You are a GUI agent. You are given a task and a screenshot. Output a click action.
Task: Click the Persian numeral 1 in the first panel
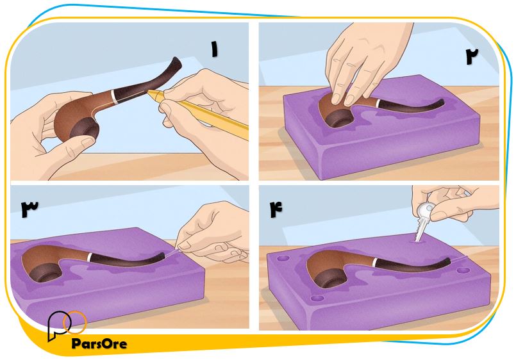[x=215, y=49]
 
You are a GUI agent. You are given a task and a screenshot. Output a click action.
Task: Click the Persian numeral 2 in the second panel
[x=472, y=56]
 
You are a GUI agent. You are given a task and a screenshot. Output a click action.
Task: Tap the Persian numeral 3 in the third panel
[x=29, y=209]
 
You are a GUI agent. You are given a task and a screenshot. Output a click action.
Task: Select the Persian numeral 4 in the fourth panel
[x=276, y=209]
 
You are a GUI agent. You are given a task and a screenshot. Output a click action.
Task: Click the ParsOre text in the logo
[x=99, y=344]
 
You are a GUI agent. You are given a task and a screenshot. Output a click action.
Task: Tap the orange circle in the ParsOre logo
[x=75, y=322]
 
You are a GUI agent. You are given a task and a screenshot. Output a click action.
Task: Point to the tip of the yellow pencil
[x=148, y=91]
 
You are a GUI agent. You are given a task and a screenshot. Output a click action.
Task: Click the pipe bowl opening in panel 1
[x=84, y=129]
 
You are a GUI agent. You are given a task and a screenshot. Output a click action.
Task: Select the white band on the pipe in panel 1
[x=115, y=96]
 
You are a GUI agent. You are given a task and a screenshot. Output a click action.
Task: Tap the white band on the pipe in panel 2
[x=378, y=103]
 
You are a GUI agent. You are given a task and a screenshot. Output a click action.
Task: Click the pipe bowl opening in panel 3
[x=44, y=271]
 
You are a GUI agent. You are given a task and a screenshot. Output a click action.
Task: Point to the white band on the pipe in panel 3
[x=90, y=258]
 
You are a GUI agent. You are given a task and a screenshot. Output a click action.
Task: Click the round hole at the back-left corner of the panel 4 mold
[x=283, y=258]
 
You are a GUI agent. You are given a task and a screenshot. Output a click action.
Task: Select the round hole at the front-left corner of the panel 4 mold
[x=317, y=299]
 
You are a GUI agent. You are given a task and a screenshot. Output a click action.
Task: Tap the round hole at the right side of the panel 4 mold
[x=463, y=271]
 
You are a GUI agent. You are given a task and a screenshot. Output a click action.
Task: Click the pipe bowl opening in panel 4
[x=331, y=279]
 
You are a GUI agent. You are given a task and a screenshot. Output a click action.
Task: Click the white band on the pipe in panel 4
[x=375, y=263]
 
